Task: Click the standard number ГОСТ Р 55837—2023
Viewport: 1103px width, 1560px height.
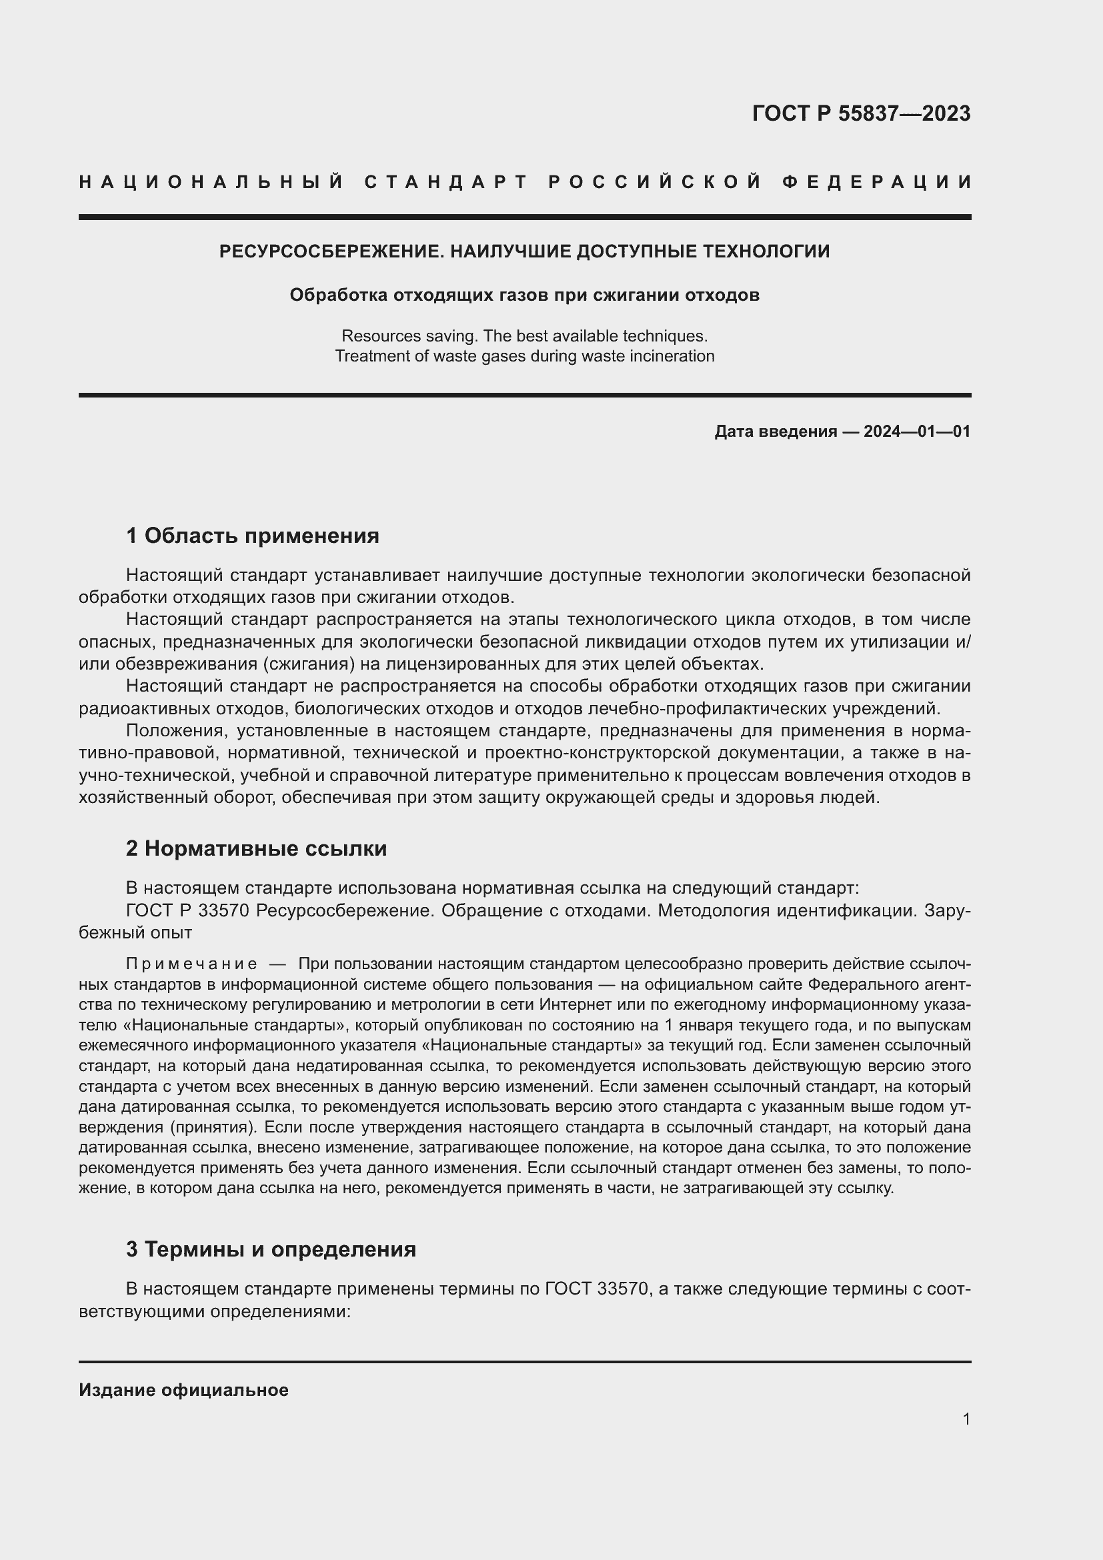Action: click(x=860, y=113)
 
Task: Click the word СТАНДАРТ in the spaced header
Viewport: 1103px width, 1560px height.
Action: click(x=445, y=182)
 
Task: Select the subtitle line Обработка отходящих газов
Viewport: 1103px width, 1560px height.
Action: click(x=523, y=295)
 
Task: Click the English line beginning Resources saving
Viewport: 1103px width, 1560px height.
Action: click(x=523, y=335)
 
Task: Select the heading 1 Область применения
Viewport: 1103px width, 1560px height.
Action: click(x=252, y=536)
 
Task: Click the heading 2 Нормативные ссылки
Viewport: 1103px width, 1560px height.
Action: click(x=256, y=848)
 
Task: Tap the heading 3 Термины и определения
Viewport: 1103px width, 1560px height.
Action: click(x=270, y=1249)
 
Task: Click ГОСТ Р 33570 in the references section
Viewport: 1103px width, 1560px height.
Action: click(x=187, y=910)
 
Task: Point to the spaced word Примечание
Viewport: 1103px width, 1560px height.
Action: click(x=191, y=964)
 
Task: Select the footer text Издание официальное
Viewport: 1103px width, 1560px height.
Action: click(x=183, y=1390)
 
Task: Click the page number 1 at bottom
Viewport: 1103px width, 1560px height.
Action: click(x=966, y=1419)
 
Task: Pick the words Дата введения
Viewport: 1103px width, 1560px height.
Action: click(x=775, y=432)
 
